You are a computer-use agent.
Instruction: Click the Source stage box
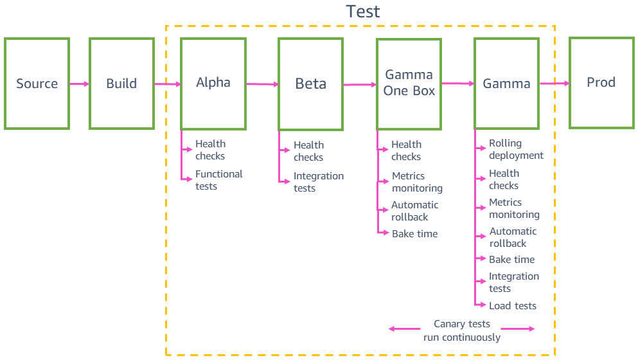[37, 84]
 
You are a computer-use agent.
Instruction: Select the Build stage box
[121, 84]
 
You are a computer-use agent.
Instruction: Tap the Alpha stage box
[213, 84]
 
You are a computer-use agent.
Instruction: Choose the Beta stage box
[310, 84]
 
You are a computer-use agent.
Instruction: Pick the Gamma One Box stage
[409, 84]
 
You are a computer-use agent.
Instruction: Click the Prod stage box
[601, 82]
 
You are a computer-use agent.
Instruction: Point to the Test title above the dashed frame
[363, 12]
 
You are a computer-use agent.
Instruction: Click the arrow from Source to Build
[79, 84]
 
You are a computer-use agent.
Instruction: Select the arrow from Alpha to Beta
[261, 84]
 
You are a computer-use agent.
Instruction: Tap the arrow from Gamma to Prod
[554, 83]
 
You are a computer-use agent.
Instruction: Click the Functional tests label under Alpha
[218, 180]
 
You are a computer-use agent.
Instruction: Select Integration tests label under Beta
[318, 182]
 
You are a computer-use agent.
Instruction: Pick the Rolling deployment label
[516, 149]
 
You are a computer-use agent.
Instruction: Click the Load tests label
[512, 305]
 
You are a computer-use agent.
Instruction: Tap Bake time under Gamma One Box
[414, 234]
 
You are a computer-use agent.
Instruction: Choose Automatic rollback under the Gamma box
[512, 237]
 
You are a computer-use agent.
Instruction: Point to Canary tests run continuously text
[461, 330]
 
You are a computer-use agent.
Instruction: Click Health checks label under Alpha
[210, 150]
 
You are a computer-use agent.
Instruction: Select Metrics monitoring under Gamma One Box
[417, 182]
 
